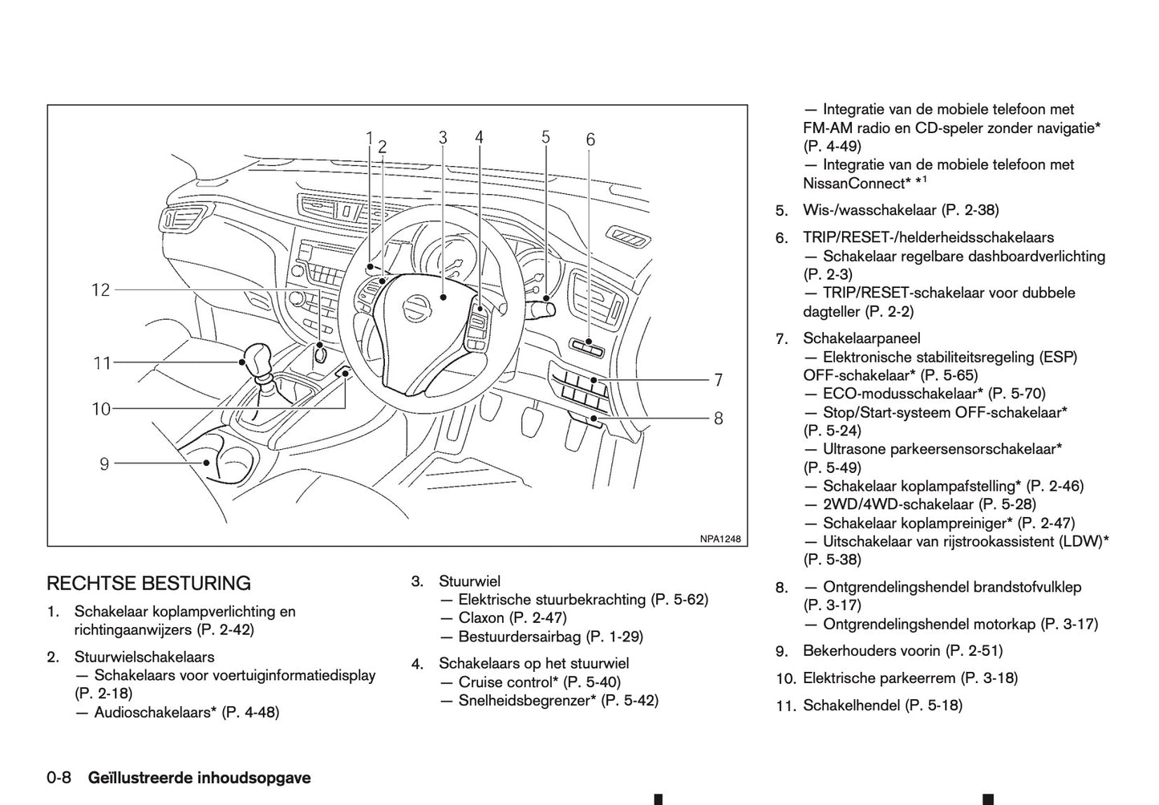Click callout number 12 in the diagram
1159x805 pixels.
pyautogui.click(x=100, y=289)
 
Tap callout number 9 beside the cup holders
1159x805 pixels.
pyautogui.click(x=104, y=463)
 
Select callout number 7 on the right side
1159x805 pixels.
pyautogui.click(x=719, y=379)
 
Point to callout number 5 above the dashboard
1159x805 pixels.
pyautogui.click(x=545, y=137)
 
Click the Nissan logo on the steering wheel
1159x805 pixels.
pyautogui.click(x=416, y=305)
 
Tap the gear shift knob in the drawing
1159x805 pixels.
pyautogui.click(x=258, y=360)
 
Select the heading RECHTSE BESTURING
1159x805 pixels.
pyautogui.click(x=148, y=583)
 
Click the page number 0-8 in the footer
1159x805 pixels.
pyautogui.click(x=59, y=778)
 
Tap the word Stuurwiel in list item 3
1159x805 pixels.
pyautogui.click(x=469, y=580)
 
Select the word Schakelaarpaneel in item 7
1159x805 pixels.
pyautogui.click(x=861, y=338)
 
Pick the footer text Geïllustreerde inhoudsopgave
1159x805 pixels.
pyautogui.click(x=199, y=778)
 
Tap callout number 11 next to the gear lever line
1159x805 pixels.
pyautogui.click(x=101, y=363)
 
